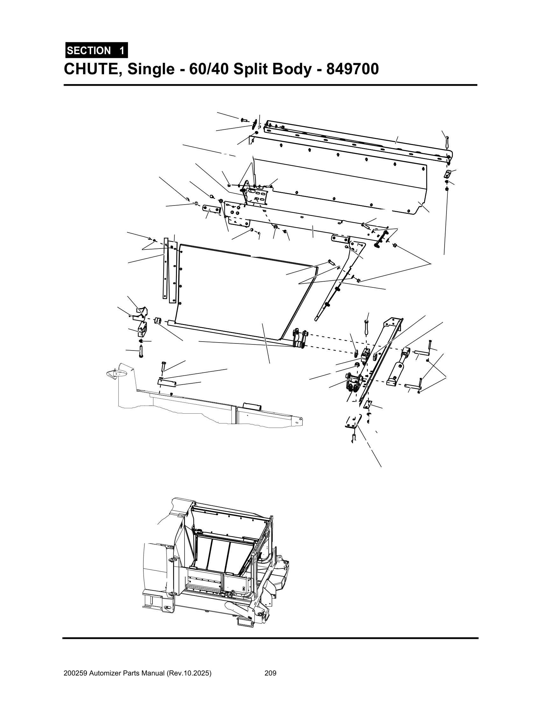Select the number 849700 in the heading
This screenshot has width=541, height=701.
pyautogui.click(x=352, y=69)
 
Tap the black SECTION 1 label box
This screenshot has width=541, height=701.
pyautogui.click(x=96, y=50)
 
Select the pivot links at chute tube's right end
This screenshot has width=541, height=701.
pyautogui.click(x=300, y=339)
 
